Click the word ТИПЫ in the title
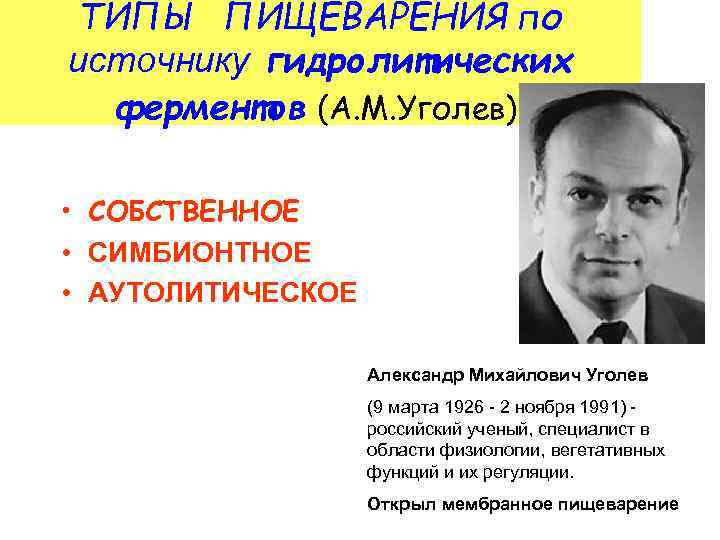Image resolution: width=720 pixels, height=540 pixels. point(136,17)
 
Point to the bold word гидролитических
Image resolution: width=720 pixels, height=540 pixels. point(421,62)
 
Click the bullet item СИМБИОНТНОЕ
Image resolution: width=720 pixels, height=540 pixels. point(199,253)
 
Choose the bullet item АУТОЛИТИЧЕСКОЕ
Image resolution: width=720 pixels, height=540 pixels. point(222,294)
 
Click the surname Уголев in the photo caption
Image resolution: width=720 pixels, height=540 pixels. point(615,376)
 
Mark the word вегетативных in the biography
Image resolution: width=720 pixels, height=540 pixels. point(616,450)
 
